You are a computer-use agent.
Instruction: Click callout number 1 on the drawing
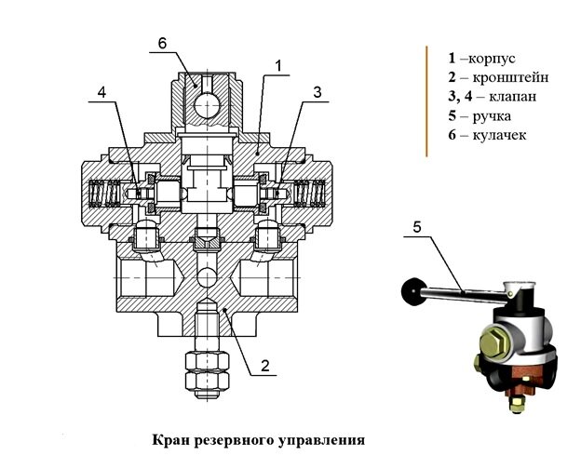[x=277, y=65]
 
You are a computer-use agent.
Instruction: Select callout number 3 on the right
[x=318, y=92]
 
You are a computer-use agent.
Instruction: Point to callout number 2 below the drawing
[x=264, y=366]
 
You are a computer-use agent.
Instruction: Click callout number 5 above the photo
[x=416, y=227]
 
